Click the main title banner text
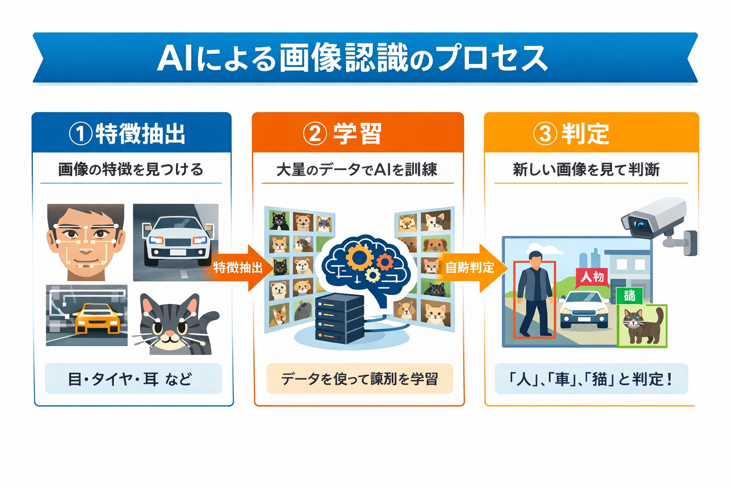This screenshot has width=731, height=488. [352, 59]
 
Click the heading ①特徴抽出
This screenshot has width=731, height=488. [128, 133]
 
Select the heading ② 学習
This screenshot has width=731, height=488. [343, 133]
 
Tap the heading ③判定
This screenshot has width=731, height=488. [571, 133]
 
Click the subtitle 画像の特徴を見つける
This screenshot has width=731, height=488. [131, 170]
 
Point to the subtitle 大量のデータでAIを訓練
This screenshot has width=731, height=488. [357, 170]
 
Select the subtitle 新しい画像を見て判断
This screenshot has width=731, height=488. [586, 170]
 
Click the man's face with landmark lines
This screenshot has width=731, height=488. [86, 241]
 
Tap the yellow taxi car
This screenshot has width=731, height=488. [98, 318]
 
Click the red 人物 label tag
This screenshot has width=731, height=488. [592, 277]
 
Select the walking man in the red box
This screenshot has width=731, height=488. [534, 295]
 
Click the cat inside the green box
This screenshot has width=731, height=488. [642, 326]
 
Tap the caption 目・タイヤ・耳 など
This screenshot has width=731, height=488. [130, 379]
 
